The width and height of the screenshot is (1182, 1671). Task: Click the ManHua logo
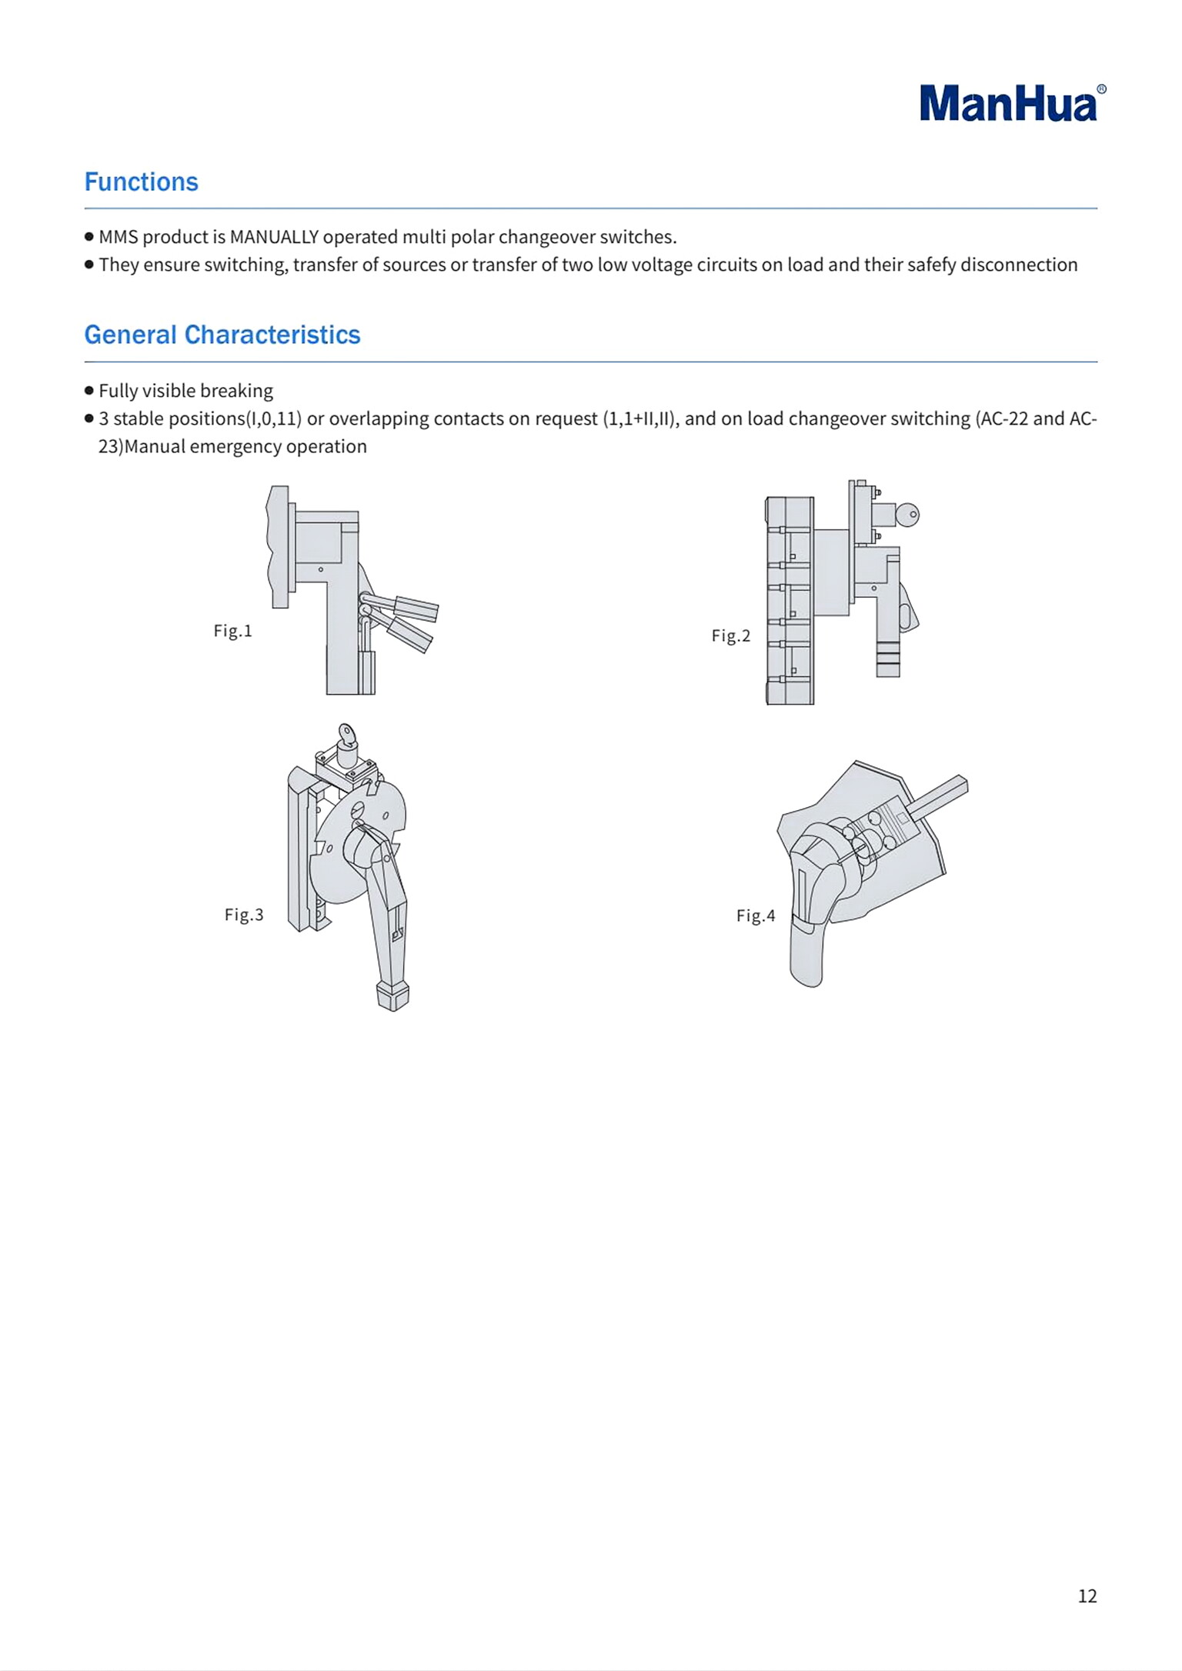(1008, 104)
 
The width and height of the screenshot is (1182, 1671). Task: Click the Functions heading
(141, 182)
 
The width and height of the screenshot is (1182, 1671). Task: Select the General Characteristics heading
(222, 335)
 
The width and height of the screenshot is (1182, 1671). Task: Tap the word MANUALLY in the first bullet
(274, 237)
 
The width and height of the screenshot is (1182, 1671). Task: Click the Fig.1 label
(232, 631)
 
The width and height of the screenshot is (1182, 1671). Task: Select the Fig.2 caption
(730, 635)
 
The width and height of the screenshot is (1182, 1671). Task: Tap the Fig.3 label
(243, 915)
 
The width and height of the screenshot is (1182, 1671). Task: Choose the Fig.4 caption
(755, 916)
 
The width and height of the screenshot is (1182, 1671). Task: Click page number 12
(1087, 1596)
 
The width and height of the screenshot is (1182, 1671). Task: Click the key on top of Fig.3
(346, 735)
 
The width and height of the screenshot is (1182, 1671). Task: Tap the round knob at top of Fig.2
(908, 515)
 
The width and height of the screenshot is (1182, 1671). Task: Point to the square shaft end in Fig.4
(959, 785)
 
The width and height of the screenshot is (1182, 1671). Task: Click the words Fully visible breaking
(185, 391)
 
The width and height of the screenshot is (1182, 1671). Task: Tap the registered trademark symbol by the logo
(1101, 89)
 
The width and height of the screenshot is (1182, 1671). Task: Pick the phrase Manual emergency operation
(245, 447)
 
